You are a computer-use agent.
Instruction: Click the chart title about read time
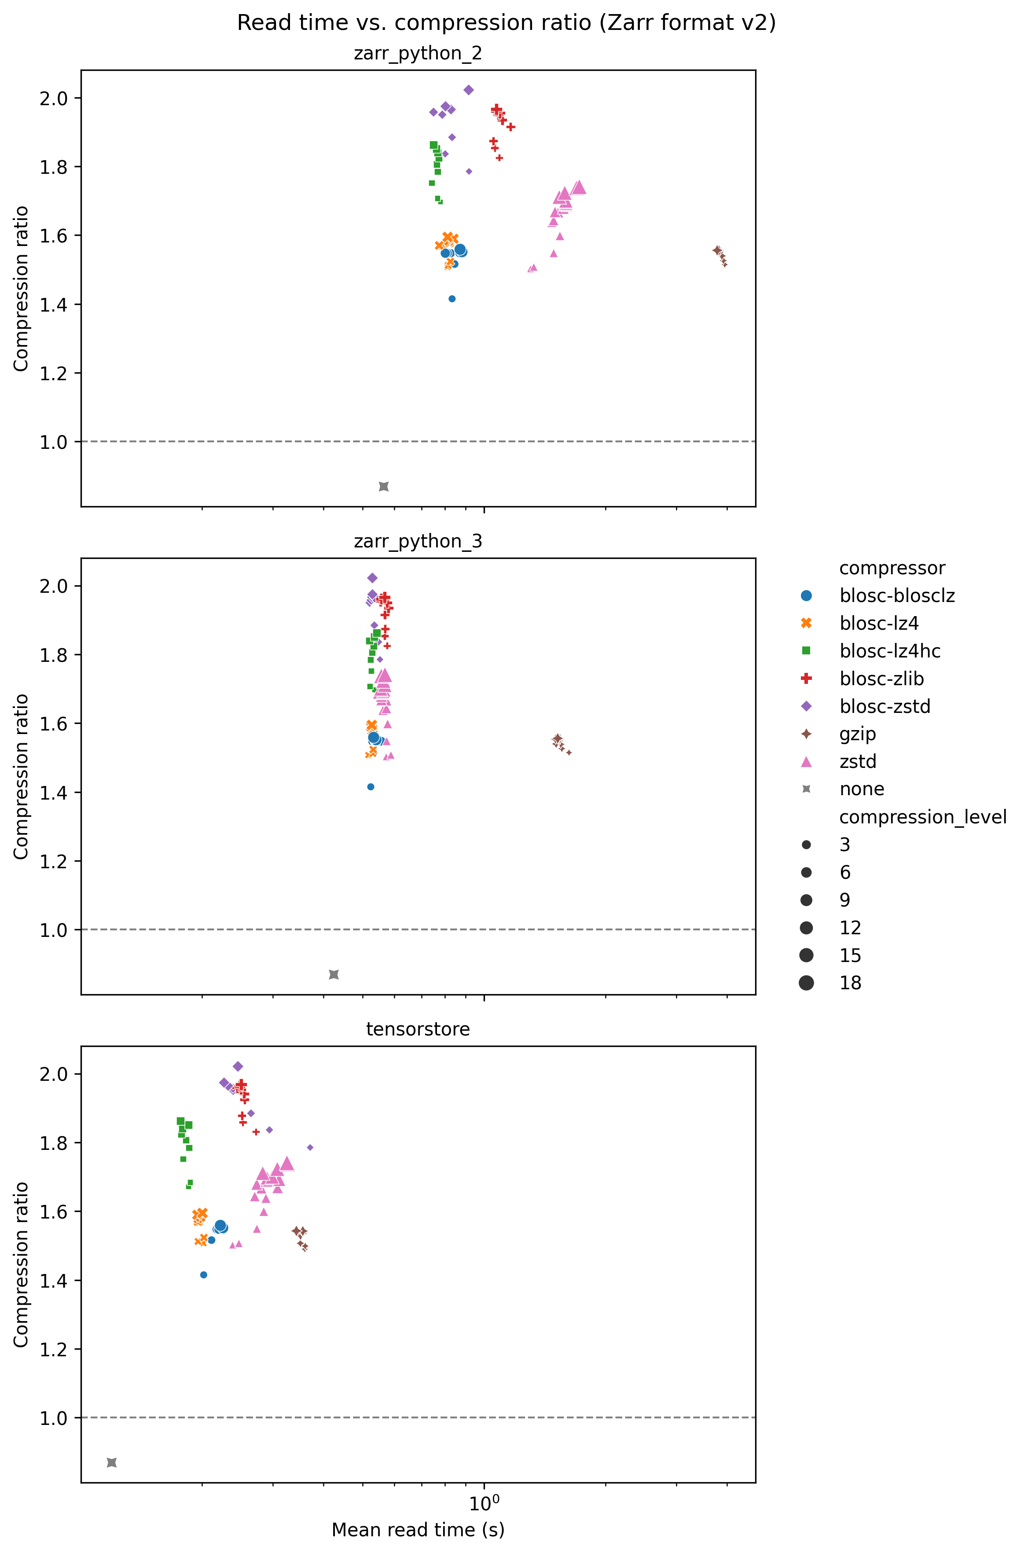506,23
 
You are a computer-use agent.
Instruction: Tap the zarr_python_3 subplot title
418,541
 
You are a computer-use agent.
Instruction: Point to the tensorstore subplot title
418,1029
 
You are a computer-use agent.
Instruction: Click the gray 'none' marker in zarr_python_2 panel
384,487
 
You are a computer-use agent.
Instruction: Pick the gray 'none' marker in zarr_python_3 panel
334,974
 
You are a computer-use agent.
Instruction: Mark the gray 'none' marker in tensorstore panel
112,1462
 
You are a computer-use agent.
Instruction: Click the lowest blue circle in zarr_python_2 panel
452,298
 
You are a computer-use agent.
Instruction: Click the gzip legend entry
858,734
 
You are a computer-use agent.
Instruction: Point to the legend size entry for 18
850,983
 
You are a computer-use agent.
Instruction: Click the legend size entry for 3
844,845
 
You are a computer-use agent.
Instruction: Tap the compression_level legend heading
922,817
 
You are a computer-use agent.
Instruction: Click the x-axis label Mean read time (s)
418,1530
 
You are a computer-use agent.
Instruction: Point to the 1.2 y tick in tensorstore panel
53,1349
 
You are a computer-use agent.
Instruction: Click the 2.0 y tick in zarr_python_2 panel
53,99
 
